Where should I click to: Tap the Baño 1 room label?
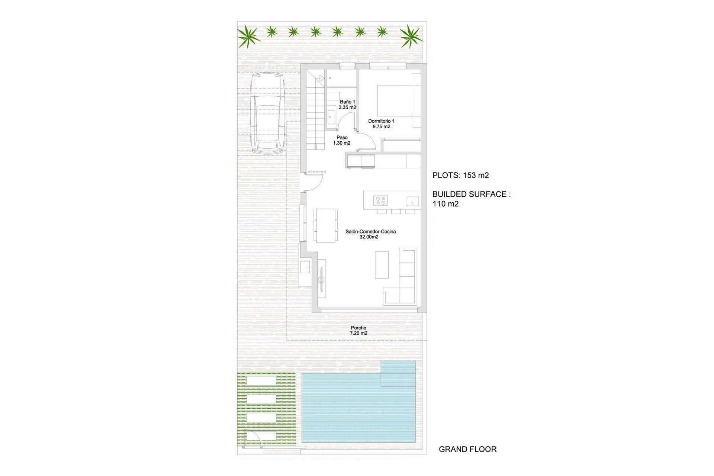pos(347,104)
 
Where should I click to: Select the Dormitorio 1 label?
pos(381,123)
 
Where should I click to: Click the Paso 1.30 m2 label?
pos(342,140)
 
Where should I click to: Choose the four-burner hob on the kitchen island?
pos(380,200)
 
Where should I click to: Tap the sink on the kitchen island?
pos(412,201)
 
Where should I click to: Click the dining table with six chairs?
pos(325,225)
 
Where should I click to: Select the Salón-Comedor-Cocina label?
pos(370,234)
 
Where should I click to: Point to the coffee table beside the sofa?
pos(382,265)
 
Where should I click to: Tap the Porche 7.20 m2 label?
pos(358,331)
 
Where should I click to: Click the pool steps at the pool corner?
pos(398,373)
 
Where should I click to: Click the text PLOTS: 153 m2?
pos(460,176)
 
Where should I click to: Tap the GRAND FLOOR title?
pos(467,449)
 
